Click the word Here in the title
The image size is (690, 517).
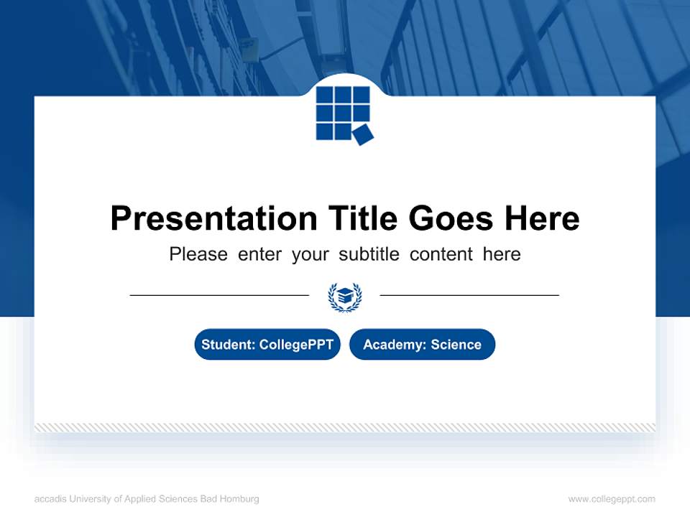(541, 218)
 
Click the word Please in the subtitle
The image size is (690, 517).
(198, 254)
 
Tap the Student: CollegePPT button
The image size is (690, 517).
(267, 345)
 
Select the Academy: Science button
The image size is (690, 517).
(422, 345)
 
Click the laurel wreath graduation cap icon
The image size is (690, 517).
(345, 296)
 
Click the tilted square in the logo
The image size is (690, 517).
(363, 134)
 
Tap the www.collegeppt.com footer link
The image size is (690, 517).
(612, 499)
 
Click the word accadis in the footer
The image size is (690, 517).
(49, 499)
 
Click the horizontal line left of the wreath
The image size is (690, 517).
(219, 295)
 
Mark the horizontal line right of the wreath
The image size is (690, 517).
(469, 295)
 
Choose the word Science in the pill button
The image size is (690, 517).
(456, 345)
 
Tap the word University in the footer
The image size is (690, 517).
(88, 499)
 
